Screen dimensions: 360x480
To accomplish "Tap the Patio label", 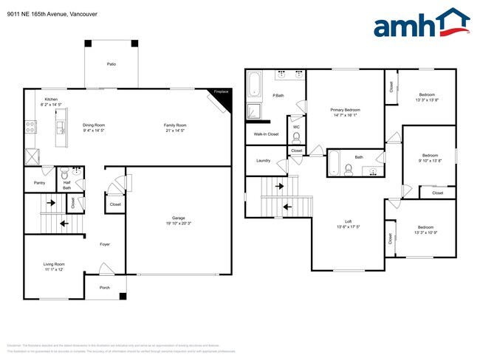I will (112, 64).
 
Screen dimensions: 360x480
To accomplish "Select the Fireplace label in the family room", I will (221, 92).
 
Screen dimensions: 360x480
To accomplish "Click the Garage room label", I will (178, 218).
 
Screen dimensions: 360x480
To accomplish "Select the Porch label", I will (104, 288).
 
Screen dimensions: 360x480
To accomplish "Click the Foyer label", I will (105, 244).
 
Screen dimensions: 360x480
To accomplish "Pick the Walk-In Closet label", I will (266, 134).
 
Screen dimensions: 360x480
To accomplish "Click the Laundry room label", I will (263, 161).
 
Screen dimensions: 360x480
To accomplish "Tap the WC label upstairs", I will (296, 127).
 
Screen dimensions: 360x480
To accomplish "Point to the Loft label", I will (348, 221).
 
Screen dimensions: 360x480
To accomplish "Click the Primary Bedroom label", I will (346, 110).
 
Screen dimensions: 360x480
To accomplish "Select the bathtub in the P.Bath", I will (254, 86).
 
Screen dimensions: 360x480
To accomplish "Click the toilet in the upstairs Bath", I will (347, 169).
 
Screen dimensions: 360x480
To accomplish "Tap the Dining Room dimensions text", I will (94, 131).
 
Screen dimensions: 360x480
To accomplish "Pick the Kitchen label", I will (51, 99).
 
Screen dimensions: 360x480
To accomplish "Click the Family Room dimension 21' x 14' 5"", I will (175, 131).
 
